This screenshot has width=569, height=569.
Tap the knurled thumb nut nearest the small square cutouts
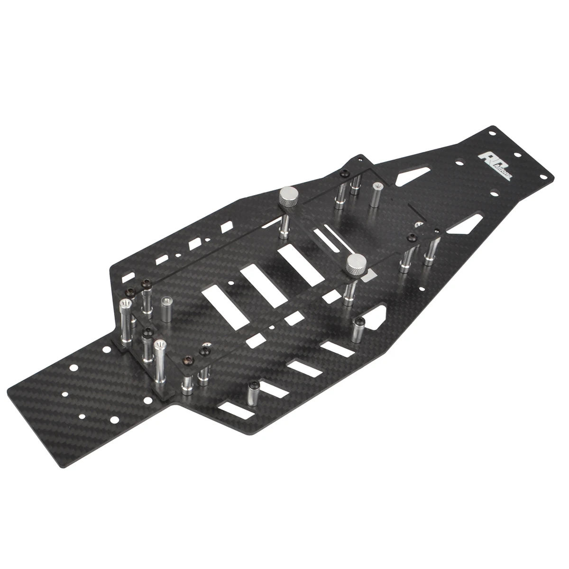pyautogui.click(x=287, y=196)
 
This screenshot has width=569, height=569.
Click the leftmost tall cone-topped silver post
pyautogui.click(x=127, y=320)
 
